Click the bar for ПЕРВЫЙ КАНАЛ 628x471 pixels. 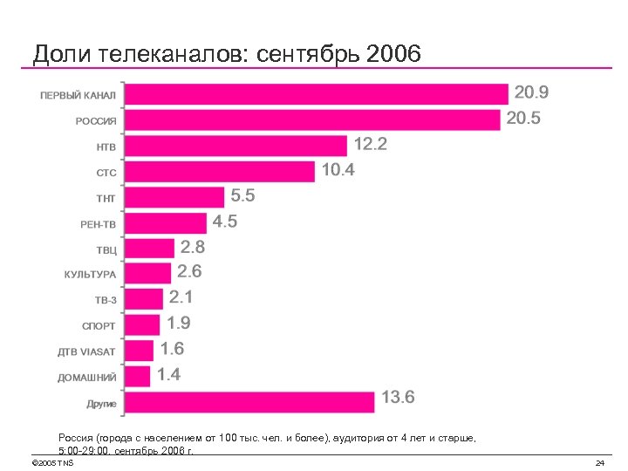[x=317, y=94]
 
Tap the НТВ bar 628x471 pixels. [x=235, y=146]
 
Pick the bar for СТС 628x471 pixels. [x=220, y=171]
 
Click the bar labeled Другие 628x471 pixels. [x=250, y=402]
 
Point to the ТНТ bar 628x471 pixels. [x=174, y=197]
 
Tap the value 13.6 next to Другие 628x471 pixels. [x=399, y=399]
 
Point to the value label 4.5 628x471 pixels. [x=225, y=222]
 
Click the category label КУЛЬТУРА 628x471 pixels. [x=90, y=275]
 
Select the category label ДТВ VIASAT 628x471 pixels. [x=87, y=352]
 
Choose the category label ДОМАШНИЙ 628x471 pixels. [x=87, y=378]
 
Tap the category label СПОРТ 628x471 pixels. [x=99, y=326]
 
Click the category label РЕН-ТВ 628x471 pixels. [x=99, y=223]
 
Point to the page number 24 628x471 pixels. [x=599, y=462]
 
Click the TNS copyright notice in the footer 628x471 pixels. [x=52, y=462]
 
